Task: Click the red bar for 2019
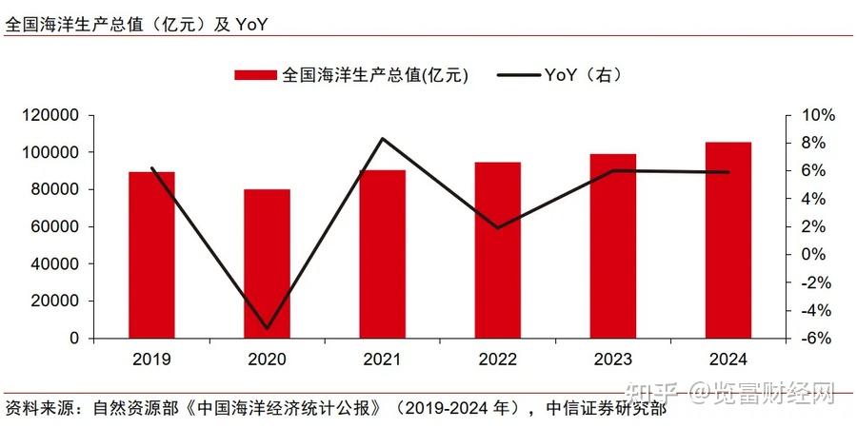[151, 255]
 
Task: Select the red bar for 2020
[267, 263]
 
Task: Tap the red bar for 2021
[382, 254]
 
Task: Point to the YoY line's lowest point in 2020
[267, 329]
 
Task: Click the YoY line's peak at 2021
[382, 139]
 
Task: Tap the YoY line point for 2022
[498, 228]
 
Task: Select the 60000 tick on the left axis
[60, 226]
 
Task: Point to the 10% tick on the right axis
[816, 115]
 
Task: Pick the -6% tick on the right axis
[816, 339]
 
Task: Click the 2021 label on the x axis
[382, 360]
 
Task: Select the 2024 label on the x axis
[728, 360]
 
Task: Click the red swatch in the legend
[254, 75]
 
